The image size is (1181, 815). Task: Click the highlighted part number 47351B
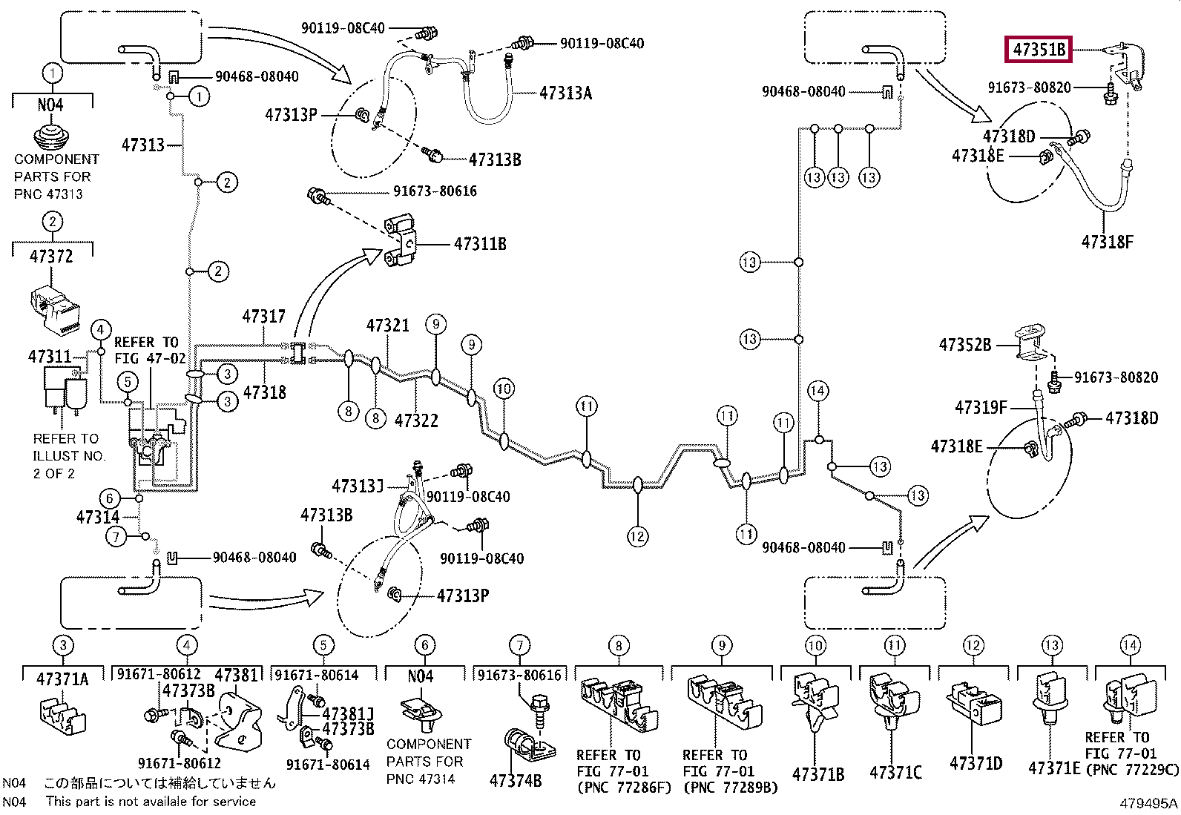coord(1039,50)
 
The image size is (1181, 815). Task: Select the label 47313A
coord(565,93)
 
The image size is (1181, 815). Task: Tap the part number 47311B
coord(480,244)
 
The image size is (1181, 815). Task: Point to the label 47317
coord(263,317)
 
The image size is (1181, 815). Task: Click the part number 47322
coord(416,420)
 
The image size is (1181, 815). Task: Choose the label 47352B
coord(965,345)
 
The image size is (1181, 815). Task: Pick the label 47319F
coord(981,407)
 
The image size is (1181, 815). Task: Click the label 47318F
coord(1107,242)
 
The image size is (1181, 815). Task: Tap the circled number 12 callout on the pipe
coord(637,537)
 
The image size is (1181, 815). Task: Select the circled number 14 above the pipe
coord(818,391)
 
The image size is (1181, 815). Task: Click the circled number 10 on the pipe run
coord(504,389)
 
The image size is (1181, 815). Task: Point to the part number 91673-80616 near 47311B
coord(435,191)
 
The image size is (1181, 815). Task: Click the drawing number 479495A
coord(1148,803)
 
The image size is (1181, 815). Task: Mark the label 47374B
coord(515,780)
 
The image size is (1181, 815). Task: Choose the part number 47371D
coord(976,763)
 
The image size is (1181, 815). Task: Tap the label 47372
coord(51,257)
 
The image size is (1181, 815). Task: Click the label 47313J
coord(358,486)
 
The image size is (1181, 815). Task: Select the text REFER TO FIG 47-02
coord(151,350)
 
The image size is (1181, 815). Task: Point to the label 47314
coord(98,517)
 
